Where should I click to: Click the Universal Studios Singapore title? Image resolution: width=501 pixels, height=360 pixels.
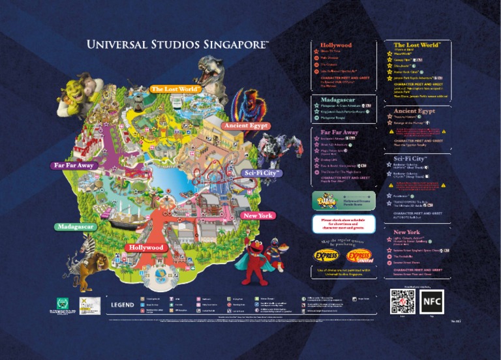coord(177,45)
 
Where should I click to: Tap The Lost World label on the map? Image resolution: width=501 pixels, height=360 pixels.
coord(175,89)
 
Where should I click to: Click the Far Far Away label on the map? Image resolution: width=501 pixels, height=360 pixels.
coord(74,166)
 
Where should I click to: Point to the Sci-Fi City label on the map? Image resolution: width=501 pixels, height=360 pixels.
coord(262,173)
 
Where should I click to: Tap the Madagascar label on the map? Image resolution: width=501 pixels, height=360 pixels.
coord(76,226)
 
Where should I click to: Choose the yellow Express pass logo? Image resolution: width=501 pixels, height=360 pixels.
coord(326,255)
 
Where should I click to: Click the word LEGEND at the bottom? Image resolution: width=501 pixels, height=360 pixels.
coord(122,305)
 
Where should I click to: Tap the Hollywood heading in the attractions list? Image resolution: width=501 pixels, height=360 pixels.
coord(336,45)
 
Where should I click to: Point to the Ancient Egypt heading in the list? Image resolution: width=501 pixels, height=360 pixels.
coord(414,112)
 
